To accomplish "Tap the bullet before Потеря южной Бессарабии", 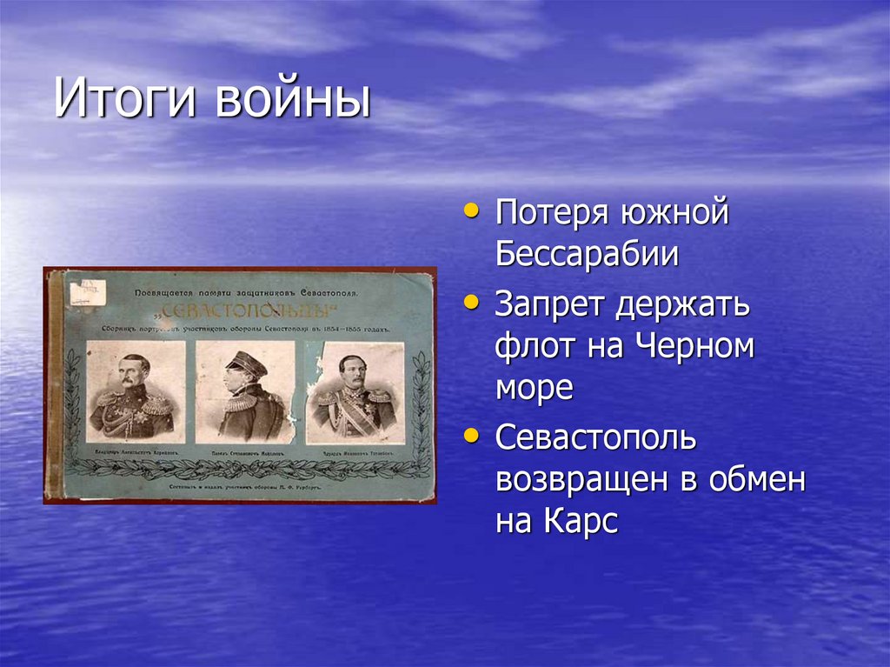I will [471, 211].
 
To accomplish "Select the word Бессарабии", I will [588, 255].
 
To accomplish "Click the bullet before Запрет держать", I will [471, 302].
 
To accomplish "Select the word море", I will [534, 388].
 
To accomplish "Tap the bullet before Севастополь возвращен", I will [471, 435].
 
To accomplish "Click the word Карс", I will [581, 524].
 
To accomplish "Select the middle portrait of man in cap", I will [246, 390].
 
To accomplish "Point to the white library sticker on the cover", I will [88, 292].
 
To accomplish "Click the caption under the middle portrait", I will [246, 452].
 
